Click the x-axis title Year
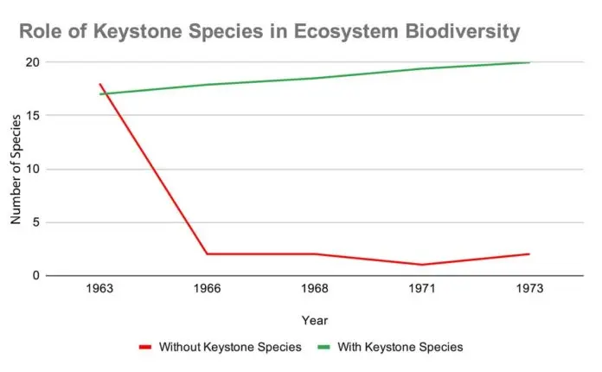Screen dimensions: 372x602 314,320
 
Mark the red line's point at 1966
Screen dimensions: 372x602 208,253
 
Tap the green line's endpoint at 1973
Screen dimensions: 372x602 528,62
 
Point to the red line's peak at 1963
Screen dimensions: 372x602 101,84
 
